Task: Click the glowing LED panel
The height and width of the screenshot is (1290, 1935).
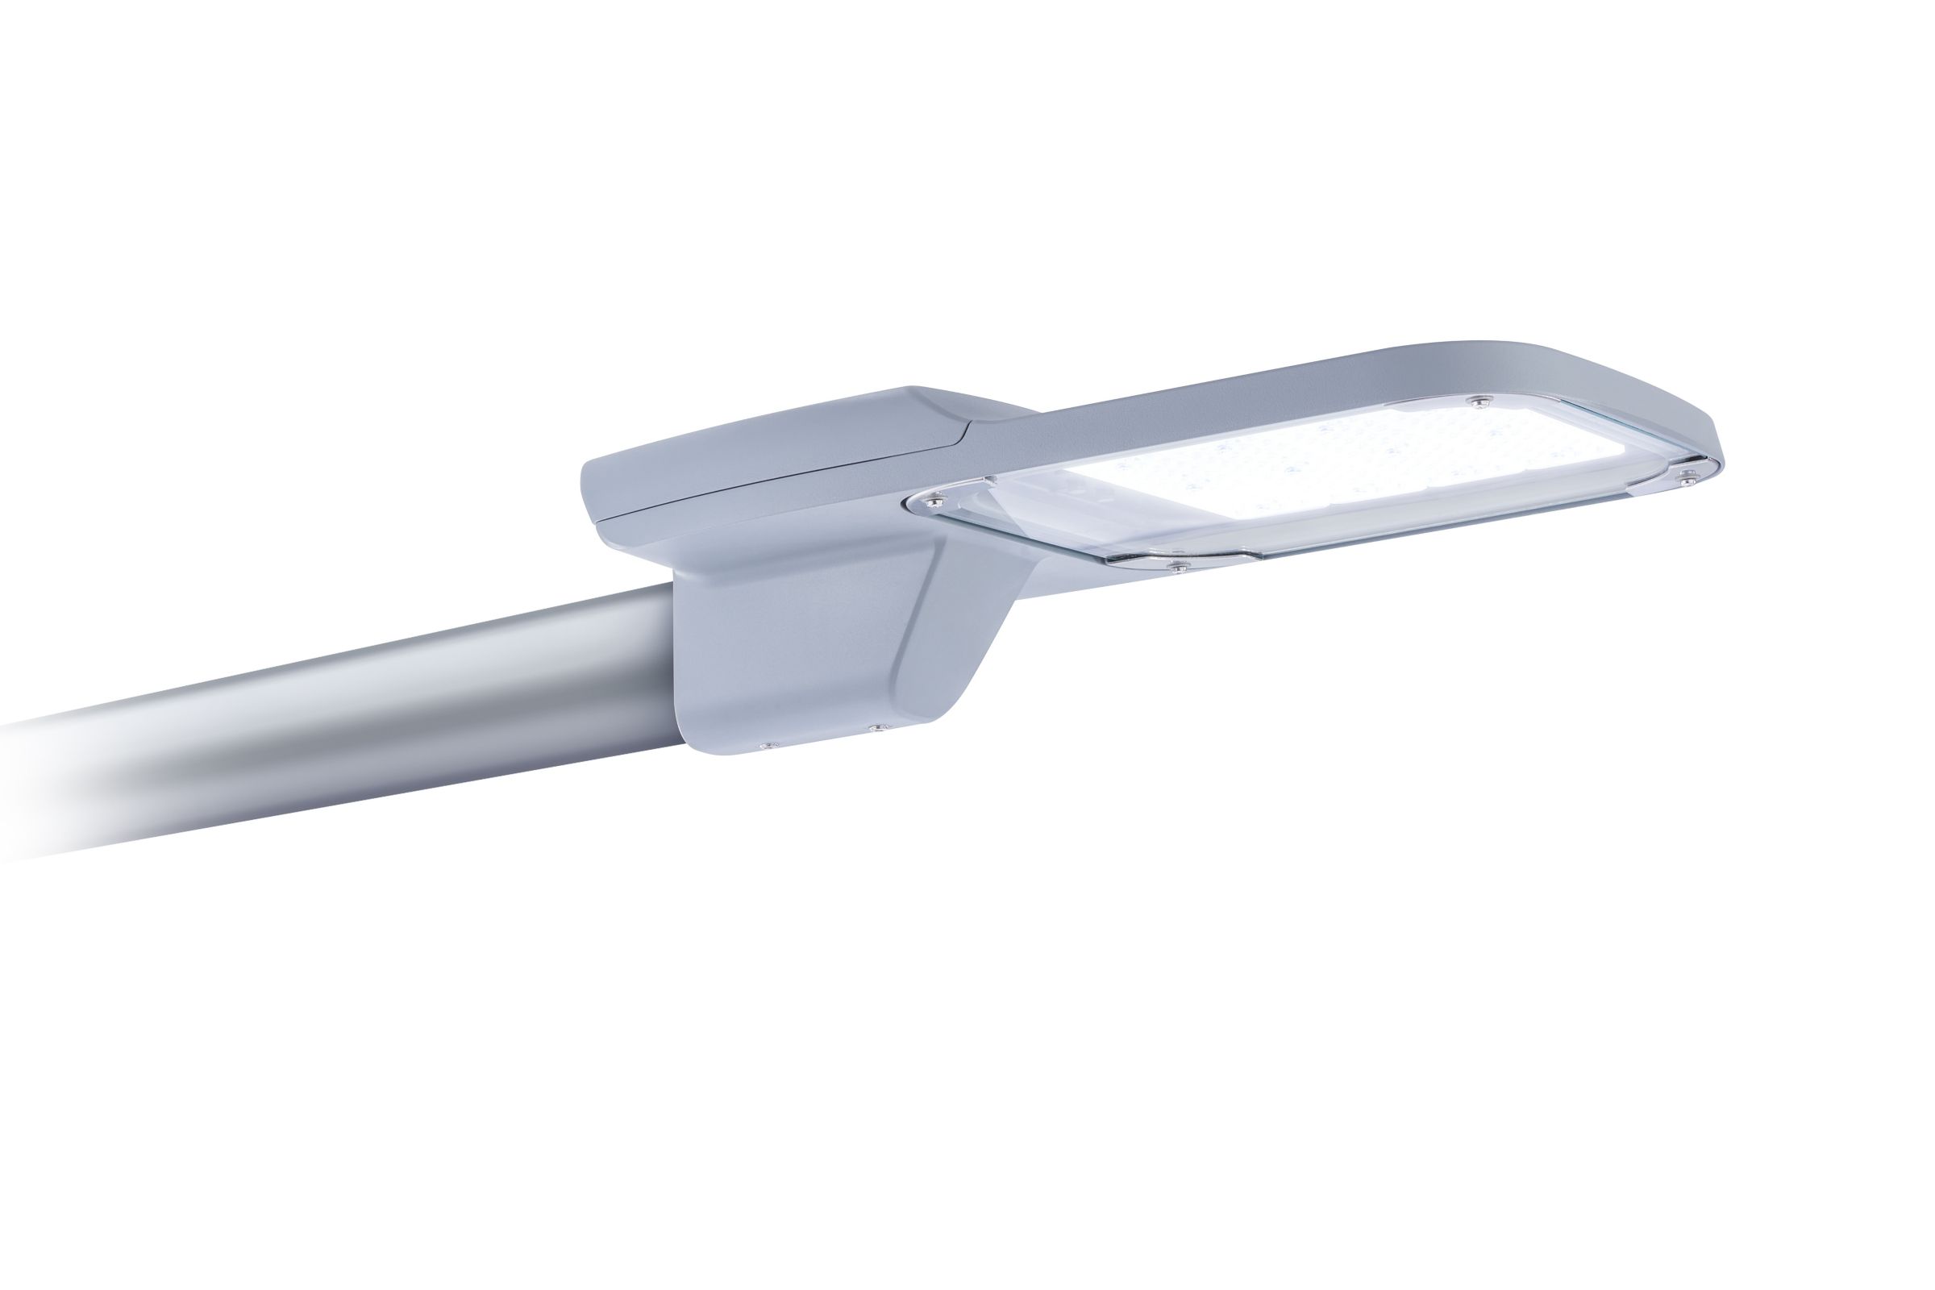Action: click(x=1358, y=460)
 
